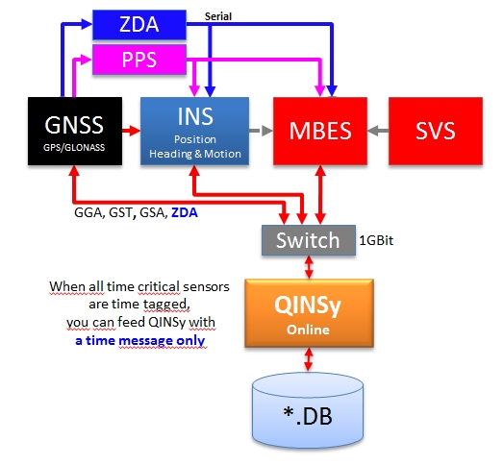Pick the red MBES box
point(320,129)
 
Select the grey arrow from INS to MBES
point(257,129)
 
